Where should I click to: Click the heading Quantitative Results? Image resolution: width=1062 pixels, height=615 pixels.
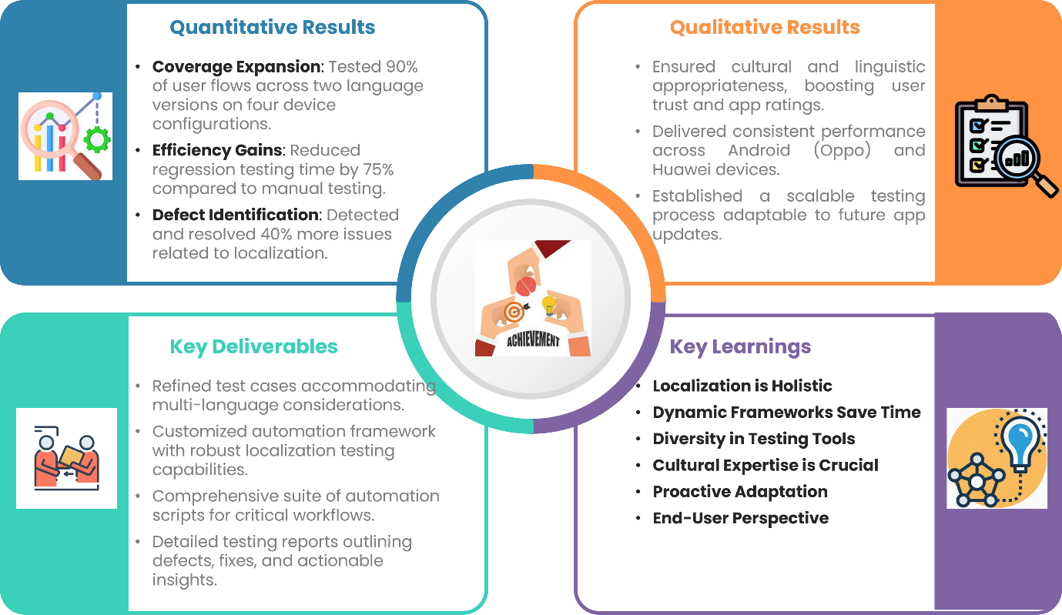point(272,28)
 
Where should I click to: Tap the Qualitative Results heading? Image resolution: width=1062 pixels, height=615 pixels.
point(765,28)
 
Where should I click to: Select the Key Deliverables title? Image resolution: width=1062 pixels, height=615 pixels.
point(253,347)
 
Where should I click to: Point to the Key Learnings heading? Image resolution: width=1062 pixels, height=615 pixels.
point(740,347)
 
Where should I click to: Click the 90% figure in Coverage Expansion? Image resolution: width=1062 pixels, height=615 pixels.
point(401,67)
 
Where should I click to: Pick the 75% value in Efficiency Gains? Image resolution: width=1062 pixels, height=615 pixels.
point(378,169)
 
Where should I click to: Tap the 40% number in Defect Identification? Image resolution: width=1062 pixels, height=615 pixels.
point(276,234)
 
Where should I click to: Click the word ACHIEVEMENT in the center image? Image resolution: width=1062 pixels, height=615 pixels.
point(534,339)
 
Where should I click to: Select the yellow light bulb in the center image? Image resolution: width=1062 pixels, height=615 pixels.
point(549,305)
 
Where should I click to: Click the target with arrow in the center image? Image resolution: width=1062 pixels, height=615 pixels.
point(515,312)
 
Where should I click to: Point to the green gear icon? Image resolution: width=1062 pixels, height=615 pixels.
point(97,139)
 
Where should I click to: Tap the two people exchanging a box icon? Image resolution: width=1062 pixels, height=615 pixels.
point(66,458)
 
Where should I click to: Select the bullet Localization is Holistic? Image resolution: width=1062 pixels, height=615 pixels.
point(742,386)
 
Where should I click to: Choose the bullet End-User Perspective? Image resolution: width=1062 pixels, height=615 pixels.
point(741,518)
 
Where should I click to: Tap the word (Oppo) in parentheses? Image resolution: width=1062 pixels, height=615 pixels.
point(842,150)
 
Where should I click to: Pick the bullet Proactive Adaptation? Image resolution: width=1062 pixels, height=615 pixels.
point(740,492)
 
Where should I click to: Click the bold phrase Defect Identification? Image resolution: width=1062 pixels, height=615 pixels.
point(235,215)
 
